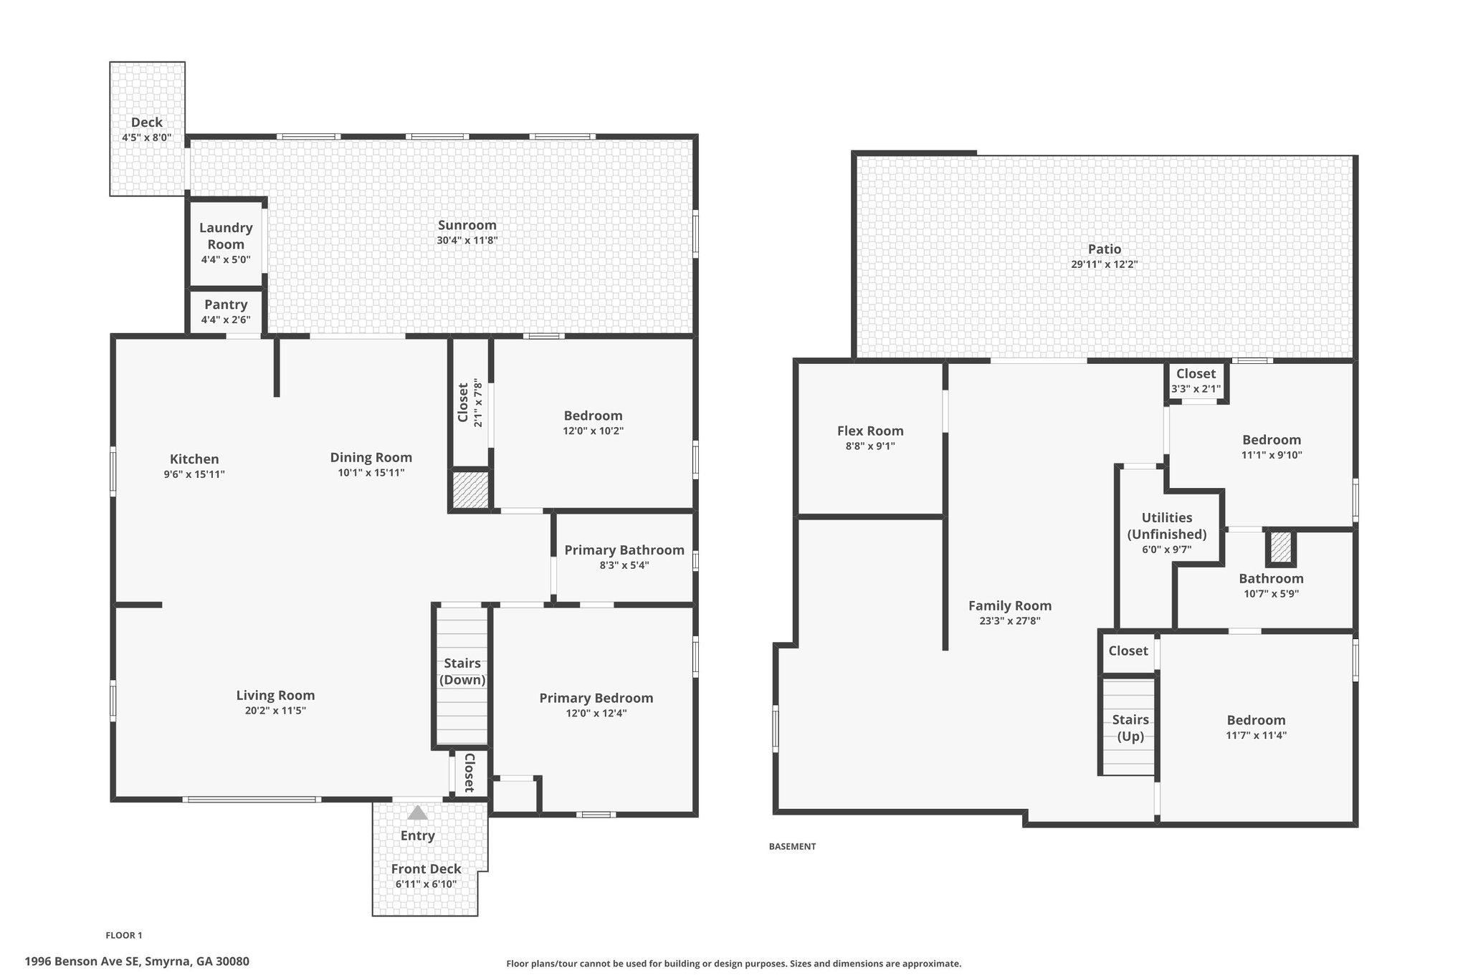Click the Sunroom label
pos(467,225)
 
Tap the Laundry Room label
pos(226,236)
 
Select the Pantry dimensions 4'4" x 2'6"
pos(226,320)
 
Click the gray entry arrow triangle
pos(417,812)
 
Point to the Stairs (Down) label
pos(462,671)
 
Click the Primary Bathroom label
pos(624,550)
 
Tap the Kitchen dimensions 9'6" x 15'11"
pos(194,474)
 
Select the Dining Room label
pos(371,457)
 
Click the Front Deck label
pos(426,869)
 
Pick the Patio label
pos(1105,249)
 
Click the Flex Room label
pos(870,431)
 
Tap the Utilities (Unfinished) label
pos(1167,526)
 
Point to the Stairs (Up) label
pos(1130,728)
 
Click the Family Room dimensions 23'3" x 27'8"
pos(1010,621)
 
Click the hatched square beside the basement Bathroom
pos(1281,548)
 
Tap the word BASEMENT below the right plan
pos(792,846)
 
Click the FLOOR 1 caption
pos(124,935)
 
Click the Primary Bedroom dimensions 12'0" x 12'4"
pos(596,713)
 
